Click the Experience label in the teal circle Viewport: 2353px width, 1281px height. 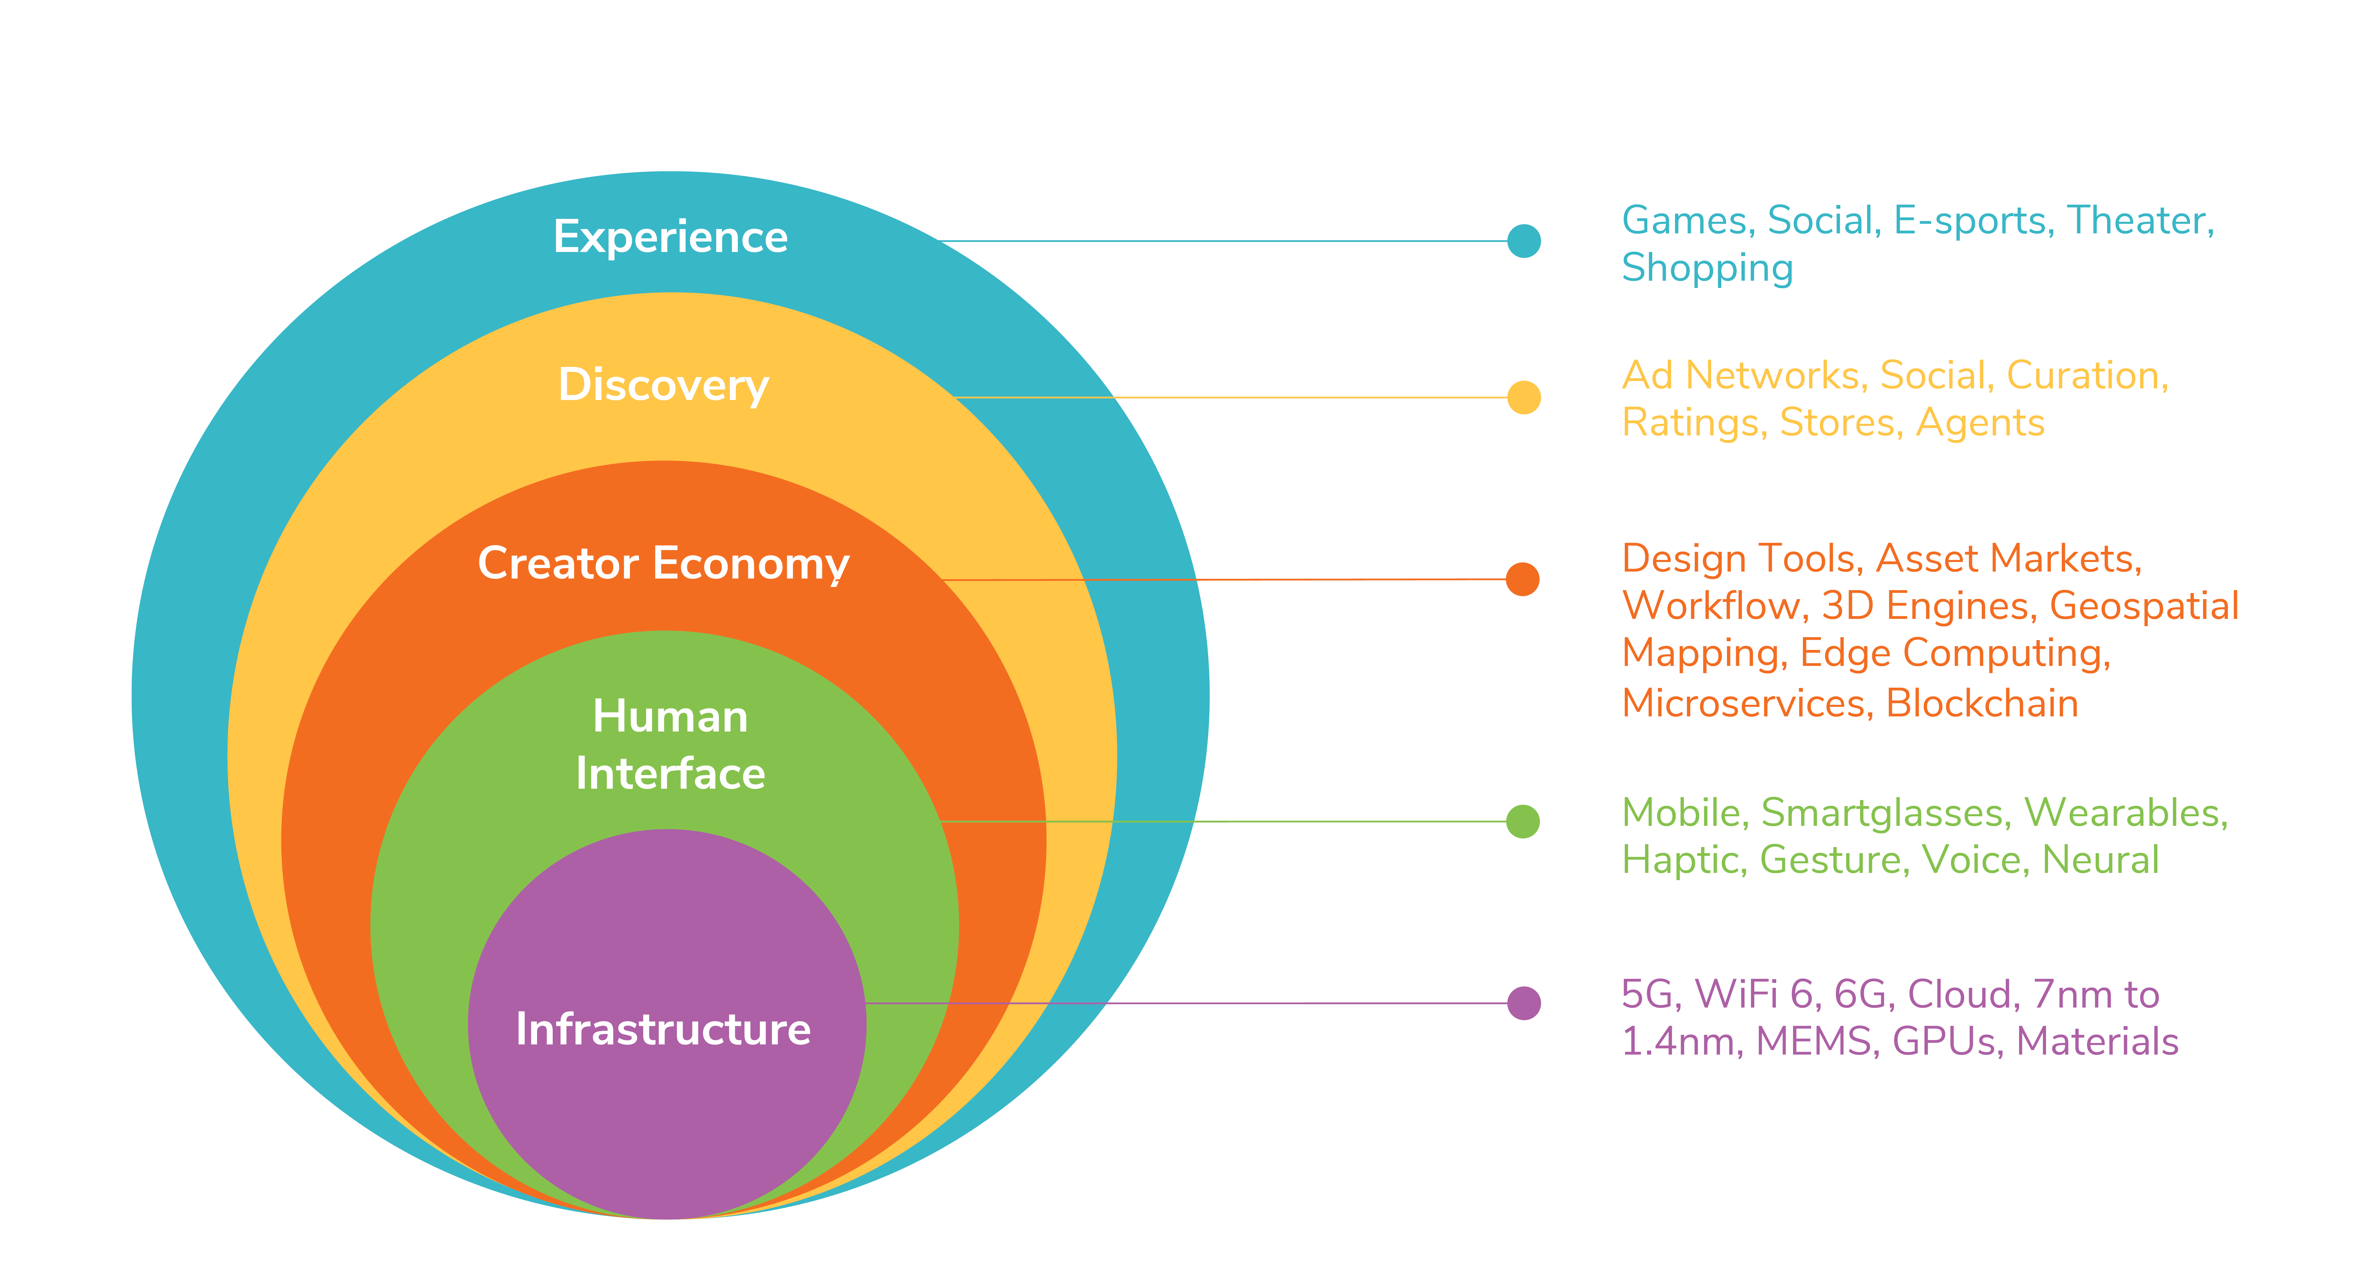pos(671,237)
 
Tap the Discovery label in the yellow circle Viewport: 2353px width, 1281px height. pos(664,385)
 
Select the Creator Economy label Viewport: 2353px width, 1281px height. pos(664,564)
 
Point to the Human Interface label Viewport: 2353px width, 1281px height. pos(671,745)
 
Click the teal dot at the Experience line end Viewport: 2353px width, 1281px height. pos(1524,241)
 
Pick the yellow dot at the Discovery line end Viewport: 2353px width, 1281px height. pos(1524,397)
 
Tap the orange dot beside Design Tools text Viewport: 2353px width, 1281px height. pos(1523,579)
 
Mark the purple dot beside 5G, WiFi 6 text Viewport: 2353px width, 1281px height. pos(1524,1003)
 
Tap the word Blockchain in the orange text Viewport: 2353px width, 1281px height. pos(1982,704)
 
